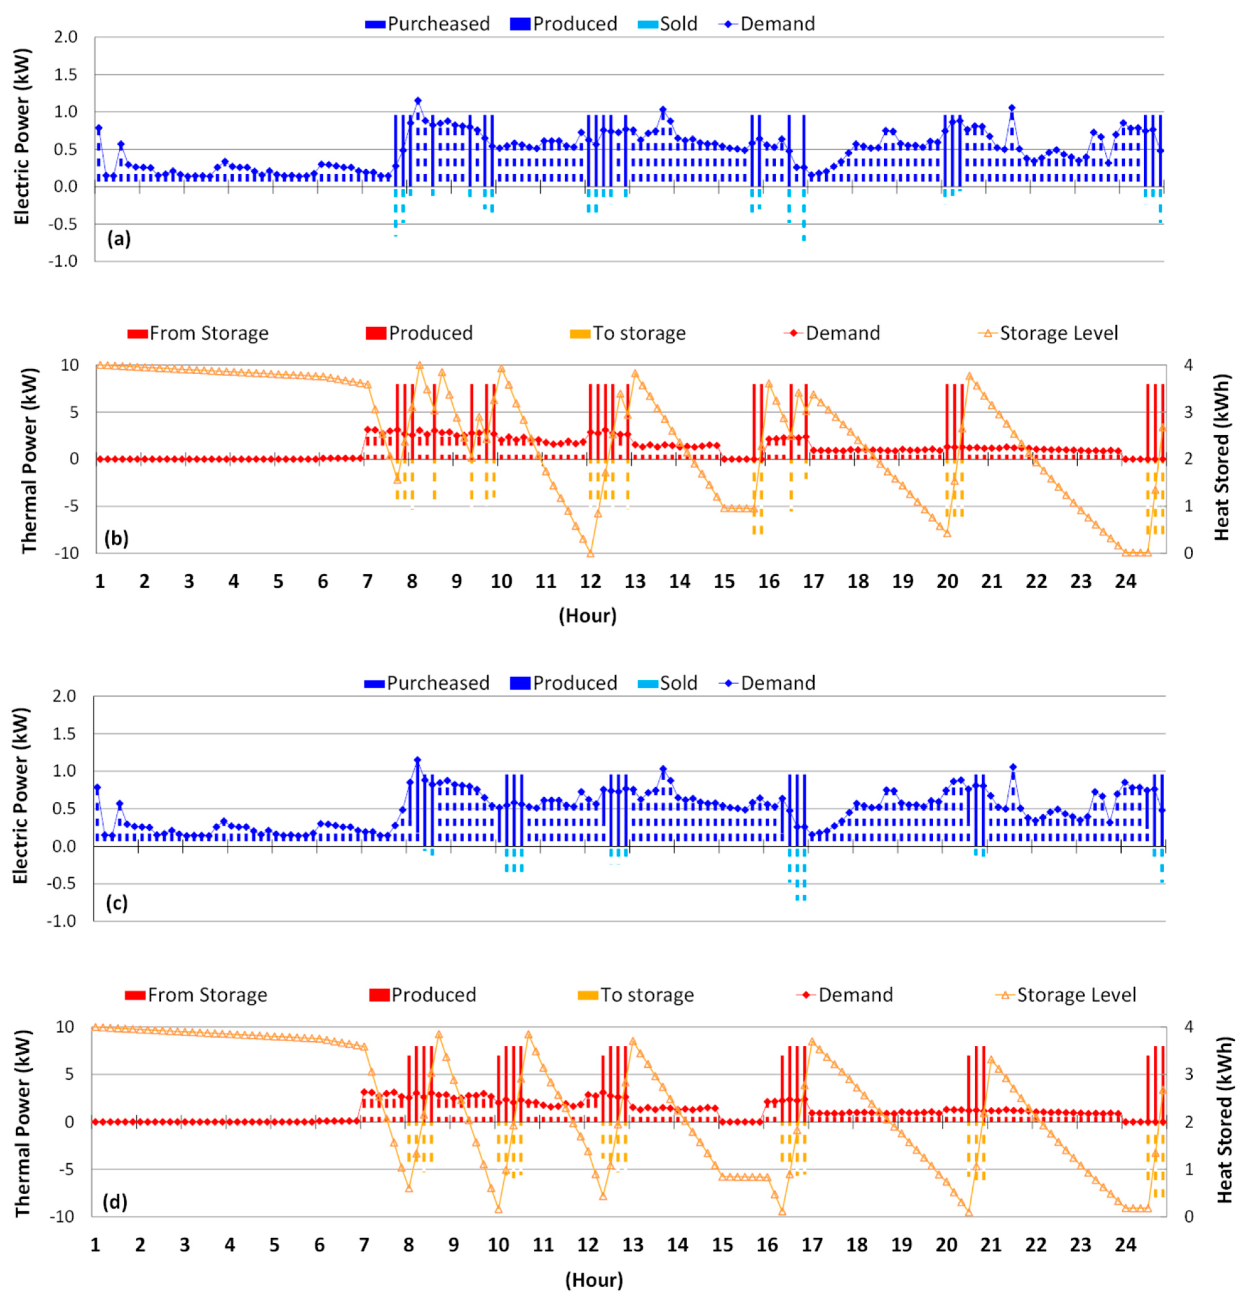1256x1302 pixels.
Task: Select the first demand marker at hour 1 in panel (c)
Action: click(98, 788)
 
